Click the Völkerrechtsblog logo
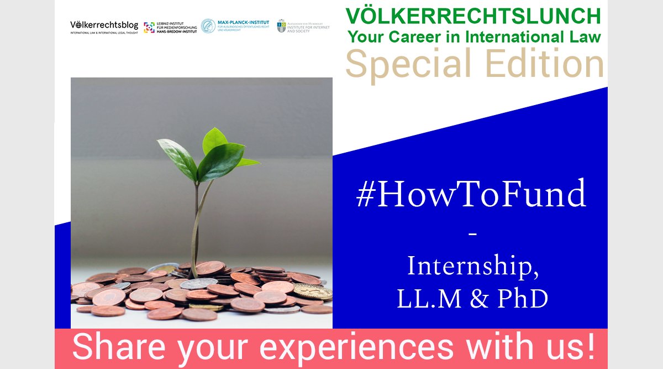coord(104,27)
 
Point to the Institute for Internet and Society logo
coord(303,26)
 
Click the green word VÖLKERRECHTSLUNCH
coord(473,16)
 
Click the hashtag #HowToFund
coord(472,195)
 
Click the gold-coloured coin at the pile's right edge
coord(313,291)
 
